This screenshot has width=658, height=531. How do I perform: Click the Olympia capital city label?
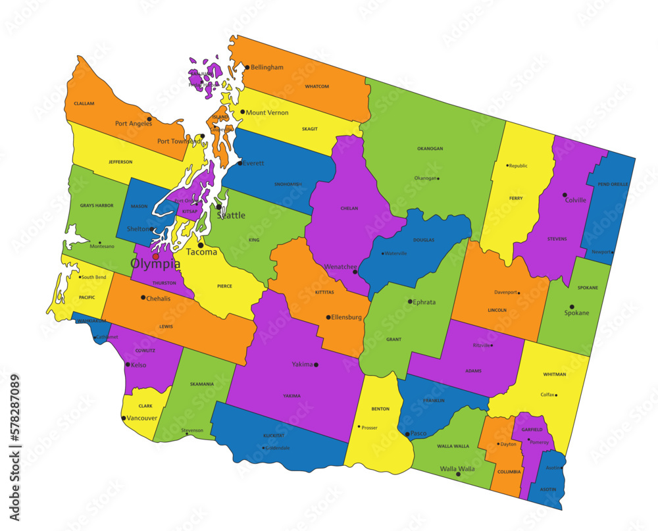[155, 264]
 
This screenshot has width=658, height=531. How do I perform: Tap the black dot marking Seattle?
[219, 207]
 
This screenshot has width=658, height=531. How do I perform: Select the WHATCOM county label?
[316, 86]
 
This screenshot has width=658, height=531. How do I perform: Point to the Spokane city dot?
[572, 307]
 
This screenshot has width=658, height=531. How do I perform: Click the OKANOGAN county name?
[430, 149]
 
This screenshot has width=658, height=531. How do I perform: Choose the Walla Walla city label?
[457, 468]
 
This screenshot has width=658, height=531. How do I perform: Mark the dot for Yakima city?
[316, 365]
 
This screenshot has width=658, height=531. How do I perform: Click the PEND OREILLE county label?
[612, 184]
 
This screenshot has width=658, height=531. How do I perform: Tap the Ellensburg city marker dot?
[328, 317]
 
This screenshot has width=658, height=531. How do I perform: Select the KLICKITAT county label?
[274, 436]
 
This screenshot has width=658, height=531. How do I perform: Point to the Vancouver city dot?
[124, 418]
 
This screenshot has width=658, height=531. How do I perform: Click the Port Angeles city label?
[134, 123]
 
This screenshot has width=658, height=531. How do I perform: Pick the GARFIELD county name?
[532, 429]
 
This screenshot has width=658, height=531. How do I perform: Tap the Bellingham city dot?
[247, 67]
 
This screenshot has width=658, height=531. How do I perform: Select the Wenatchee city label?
[340, 267]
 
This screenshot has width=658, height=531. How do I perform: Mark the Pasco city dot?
[407, 434]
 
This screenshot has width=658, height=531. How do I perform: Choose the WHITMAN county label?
[554, 374]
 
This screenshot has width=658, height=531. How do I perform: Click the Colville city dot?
[565, 195]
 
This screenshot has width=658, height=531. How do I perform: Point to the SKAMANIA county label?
[201, 384]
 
